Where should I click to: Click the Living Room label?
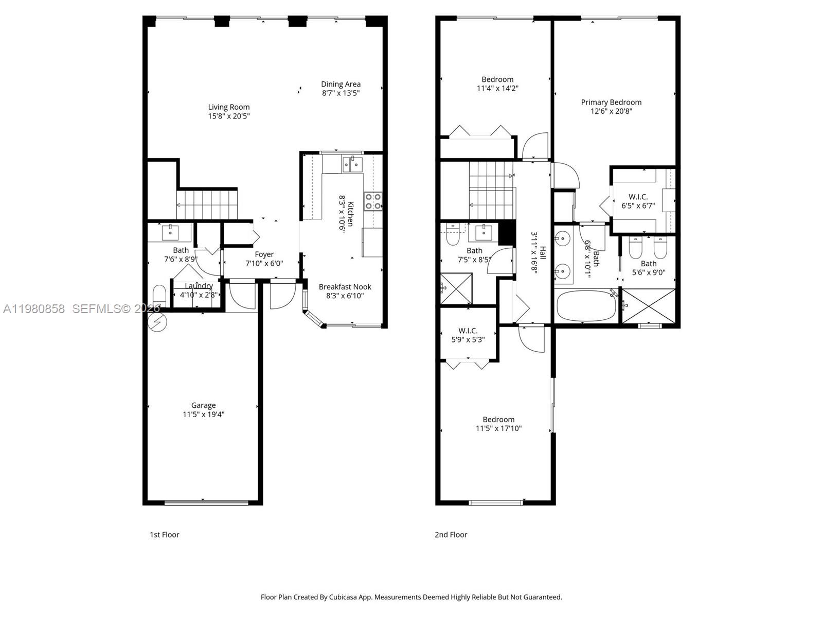[229, 107]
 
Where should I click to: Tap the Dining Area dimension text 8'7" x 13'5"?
[341, 93]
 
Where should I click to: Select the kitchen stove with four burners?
[373, 201]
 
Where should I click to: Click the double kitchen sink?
[352, 164]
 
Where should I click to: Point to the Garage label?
[203, 405]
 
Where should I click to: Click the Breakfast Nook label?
[345, 287]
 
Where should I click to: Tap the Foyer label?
[264, 254]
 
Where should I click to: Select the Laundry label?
[199, 286]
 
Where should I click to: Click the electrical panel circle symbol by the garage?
[157, 322]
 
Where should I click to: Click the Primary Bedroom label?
[611, 102]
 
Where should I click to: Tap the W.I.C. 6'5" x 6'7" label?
[638, 201]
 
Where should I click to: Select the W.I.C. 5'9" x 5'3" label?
[468, 335]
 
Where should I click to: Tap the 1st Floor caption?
[164, 535]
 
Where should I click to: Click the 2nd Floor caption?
[451, 535]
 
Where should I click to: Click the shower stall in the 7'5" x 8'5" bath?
[456, 289]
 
